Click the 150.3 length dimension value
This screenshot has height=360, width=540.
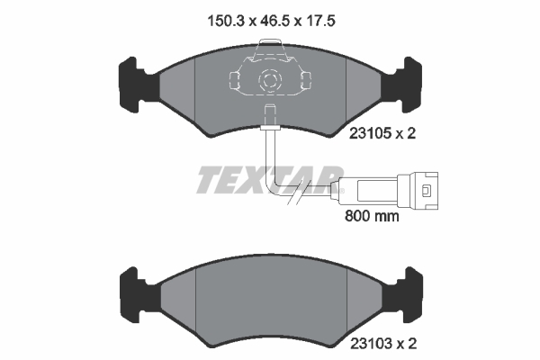coord(226,22)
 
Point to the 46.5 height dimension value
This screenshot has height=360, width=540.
coord(274,22)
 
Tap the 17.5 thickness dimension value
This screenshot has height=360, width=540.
coord(320,22)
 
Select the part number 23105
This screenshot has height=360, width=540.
coord(371,133)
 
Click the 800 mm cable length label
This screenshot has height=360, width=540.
coord(372,216)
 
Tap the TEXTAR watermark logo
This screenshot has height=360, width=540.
coord(270,179)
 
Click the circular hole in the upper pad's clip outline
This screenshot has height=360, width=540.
coord(269,80)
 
